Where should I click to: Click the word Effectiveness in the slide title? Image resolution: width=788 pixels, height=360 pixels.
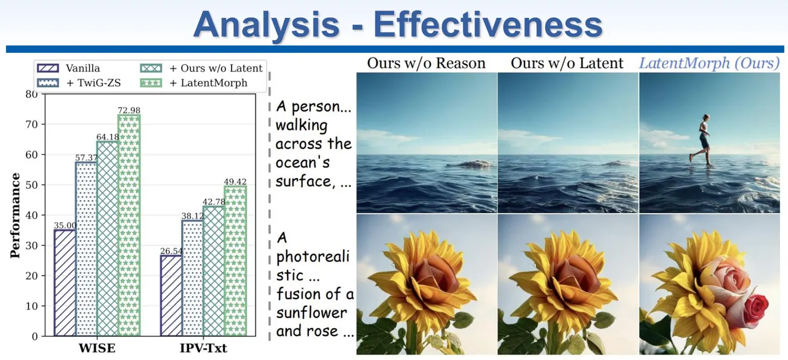tap(488, 25)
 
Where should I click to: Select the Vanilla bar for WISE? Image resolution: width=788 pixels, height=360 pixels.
tap(65, 282)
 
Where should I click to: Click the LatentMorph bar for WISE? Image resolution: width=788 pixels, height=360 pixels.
tap(129, 225)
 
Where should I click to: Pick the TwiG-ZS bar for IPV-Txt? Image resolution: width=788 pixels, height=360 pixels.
tap(193, 278)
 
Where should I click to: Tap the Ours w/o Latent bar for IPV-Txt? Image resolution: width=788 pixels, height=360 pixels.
tap(214, 271)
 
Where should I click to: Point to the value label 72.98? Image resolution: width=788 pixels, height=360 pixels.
tap(129, 110)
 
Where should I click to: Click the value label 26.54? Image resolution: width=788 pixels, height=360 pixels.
tap(171, 251)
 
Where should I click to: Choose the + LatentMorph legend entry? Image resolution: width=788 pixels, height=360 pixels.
tap(194, 83)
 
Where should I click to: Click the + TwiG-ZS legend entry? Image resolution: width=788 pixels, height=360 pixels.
tap(79, 83)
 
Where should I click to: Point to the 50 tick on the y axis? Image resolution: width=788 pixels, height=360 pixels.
tap(31, 185)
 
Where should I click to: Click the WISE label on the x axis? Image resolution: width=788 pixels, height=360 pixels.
tap(97, 348)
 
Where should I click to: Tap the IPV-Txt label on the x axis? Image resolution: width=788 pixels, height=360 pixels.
tap(203, 348)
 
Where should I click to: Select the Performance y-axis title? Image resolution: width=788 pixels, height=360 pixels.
tap(15, 215)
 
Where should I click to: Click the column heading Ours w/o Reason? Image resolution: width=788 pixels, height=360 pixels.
tap(427, 63)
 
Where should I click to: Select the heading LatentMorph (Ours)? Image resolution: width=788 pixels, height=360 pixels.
tap(709, 63)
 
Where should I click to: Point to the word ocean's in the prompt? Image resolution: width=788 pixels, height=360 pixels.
tap(303, 163)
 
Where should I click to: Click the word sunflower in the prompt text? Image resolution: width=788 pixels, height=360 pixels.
tap(312, 313)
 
